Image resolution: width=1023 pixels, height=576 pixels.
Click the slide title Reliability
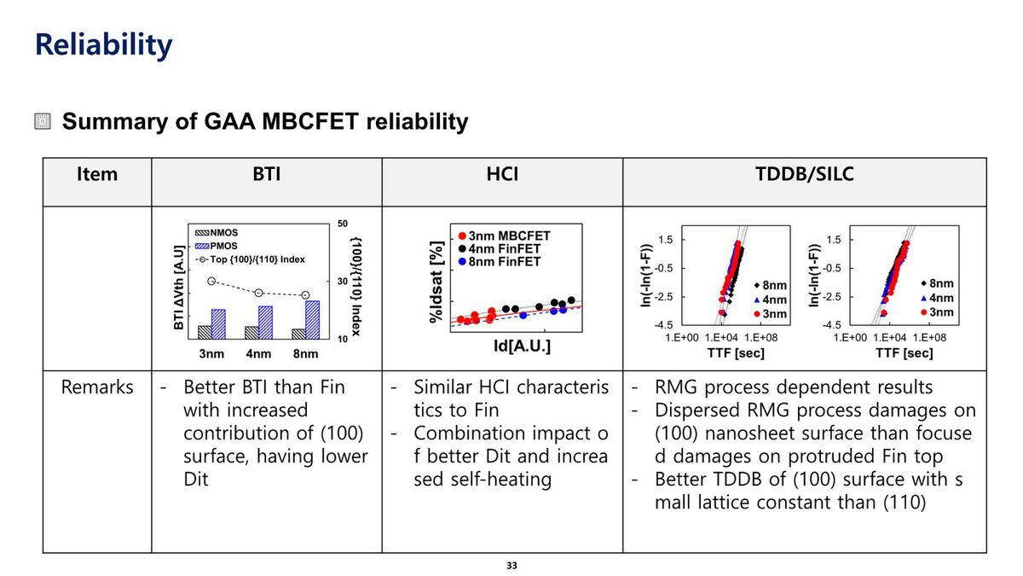coord(103,44)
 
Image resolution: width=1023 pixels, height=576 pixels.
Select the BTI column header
coord(267,175)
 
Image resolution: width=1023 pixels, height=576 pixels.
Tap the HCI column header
coord(502,175)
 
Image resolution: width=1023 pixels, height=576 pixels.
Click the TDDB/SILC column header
coord(805,175)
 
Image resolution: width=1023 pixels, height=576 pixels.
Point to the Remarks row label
coord(97,387)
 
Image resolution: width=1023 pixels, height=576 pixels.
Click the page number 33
coord(511,565)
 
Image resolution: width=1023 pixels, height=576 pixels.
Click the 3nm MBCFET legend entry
coord(504,236)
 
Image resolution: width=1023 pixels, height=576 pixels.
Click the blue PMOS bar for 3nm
coord(218,324)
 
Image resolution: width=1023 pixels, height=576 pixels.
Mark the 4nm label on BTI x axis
coord(258,353)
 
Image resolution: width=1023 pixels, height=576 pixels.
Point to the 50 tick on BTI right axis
coord(343,224)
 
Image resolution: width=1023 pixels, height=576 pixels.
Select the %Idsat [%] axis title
coord(436,281)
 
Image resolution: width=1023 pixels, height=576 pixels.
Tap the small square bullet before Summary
coord(43,122)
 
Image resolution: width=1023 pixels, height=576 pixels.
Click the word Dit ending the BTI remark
coord(196,480)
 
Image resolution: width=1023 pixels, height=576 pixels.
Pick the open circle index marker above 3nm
coord(212,281)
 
